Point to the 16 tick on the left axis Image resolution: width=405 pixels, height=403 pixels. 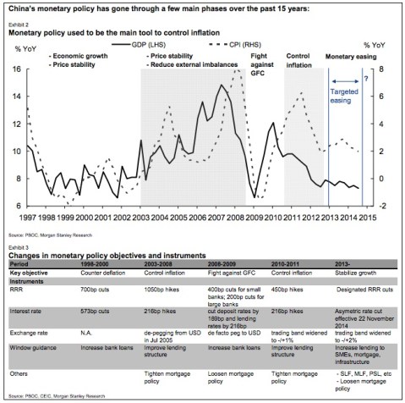pyautogui.click(x=19, y=69)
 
